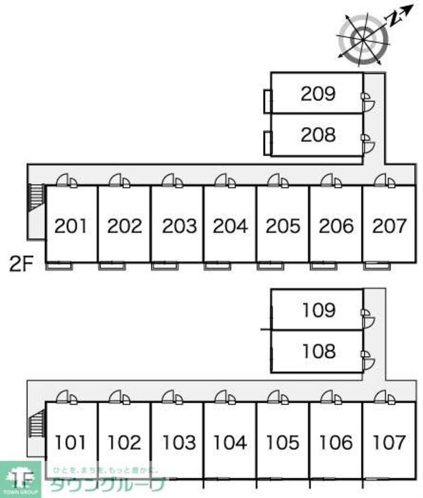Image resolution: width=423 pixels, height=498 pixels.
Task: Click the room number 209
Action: point(317,93)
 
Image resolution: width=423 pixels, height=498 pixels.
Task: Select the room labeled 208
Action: point(317,134)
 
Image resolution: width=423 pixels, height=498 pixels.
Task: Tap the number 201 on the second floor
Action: point(71,226)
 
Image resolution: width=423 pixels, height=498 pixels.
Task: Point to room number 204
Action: point(231,226)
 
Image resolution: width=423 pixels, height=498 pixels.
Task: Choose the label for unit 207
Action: point(389,226)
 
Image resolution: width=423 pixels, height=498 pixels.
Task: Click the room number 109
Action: point(317,310)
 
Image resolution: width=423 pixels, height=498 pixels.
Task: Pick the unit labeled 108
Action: point(317,351)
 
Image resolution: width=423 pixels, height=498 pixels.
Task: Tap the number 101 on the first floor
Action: point(71,443)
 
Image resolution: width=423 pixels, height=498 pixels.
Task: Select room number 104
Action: point(231,443)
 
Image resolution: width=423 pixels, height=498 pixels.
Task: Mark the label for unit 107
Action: point(389,443)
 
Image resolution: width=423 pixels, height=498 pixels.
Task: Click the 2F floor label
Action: point(21,265)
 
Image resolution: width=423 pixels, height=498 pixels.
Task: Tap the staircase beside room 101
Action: point(35,426)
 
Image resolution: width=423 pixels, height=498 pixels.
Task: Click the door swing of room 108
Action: point(368,363)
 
